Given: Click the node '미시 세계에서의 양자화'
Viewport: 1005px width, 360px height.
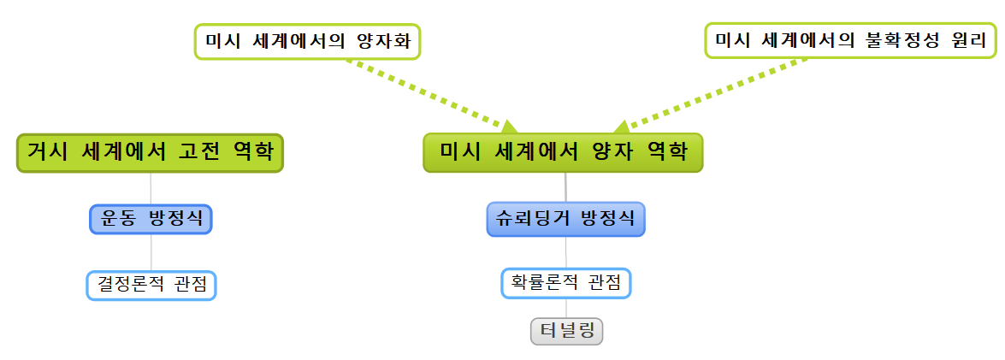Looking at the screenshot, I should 308,41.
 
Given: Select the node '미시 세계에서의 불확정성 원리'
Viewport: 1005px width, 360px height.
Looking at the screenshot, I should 850,40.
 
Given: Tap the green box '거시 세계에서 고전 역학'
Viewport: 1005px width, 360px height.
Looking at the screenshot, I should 150,153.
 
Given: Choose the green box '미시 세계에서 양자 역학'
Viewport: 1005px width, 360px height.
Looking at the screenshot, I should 563,153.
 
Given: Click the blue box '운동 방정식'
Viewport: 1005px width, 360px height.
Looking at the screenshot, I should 151,218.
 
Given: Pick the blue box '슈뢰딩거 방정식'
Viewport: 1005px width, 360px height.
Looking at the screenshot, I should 565,218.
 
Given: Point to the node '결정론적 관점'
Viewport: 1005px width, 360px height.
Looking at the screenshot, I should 151,285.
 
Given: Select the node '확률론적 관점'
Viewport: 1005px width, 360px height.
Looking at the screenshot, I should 565,282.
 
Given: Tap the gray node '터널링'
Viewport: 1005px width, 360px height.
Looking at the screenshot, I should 566,331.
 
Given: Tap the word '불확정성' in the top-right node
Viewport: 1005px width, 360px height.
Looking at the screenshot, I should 902,40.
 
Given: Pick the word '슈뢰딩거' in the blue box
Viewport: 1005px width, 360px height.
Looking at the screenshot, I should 535,218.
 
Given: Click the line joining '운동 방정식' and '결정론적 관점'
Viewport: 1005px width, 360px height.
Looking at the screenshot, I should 151,252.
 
